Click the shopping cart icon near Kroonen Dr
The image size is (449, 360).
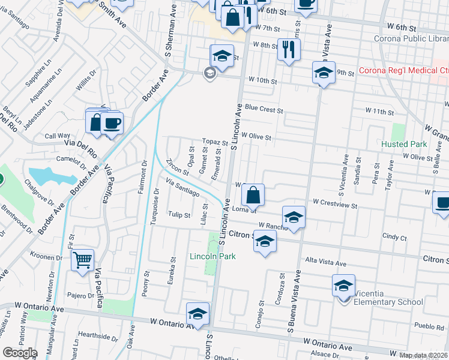tap(82, 260)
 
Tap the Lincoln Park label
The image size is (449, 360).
tap(212, 257)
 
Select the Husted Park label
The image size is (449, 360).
tap(404, 144)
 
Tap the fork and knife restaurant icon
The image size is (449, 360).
tap(289, 50)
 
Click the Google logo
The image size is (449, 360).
tap(20, 353)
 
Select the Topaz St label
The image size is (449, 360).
tap(215, 143)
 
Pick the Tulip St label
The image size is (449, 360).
tap(179, 214)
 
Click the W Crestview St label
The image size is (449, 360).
tap(333, 205)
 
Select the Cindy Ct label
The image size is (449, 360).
tap(394, 238)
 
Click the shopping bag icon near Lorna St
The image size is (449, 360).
tap(253, 194)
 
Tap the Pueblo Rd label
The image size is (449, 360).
tap(430, 327)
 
